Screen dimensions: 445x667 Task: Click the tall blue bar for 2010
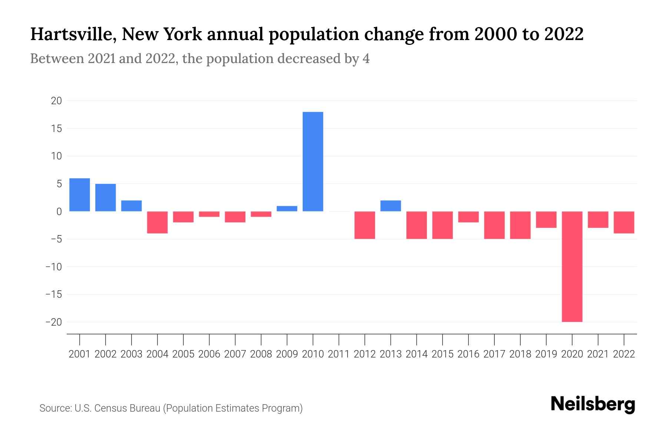pos(313,162)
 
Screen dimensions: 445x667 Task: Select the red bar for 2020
pos(572,266)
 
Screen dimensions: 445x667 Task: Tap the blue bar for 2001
pos(80,195)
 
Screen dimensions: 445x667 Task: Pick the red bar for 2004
pos(157,222)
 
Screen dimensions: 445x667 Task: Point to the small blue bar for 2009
pos(287,208)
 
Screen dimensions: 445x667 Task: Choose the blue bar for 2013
pos(391,206)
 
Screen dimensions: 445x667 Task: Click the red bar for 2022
pos(624,222)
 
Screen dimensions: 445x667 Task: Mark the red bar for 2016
pos(468,217)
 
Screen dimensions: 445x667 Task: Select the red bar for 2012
pos(365,225)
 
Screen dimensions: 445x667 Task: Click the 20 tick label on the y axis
pos(56,101)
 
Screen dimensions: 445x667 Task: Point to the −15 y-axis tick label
pos(53,294)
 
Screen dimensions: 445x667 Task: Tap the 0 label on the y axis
pos(59,212)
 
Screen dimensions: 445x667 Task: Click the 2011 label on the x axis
pos(339,354)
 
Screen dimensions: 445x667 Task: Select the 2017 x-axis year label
pos(494,354)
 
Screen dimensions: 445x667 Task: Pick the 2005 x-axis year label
pos(183,354)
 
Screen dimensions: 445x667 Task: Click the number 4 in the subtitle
pos(366,59)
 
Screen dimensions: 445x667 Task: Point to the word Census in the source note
pos(110,408)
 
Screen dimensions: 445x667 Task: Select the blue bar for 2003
pos(132,206)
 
